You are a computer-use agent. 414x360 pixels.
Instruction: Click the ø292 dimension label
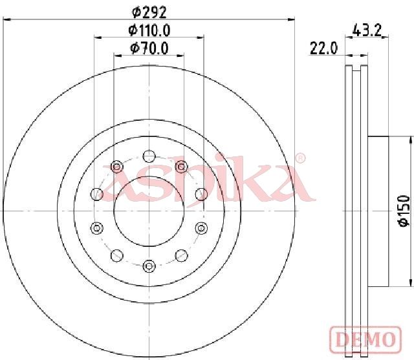tap(149, 12)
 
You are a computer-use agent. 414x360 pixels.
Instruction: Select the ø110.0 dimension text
tap(149, 30)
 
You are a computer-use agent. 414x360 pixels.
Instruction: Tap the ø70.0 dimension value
tap(149, 48)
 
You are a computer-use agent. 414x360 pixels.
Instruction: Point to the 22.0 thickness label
tap(323, 48)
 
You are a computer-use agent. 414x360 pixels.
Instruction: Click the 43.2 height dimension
tap(367, 30)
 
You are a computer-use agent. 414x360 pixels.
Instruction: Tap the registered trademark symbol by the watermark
tap(300, 158)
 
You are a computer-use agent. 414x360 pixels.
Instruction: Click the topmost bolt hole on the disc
tap(149, 156)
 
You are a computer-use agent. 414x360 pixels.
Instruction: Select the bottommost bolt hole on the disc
tap(149, 266)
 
